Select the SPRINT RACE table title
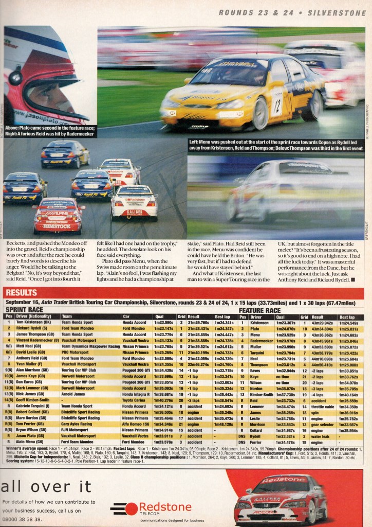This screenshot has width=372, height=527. pos(24,310)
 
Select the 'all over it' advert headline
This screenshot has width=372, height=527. pos(47,486)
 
